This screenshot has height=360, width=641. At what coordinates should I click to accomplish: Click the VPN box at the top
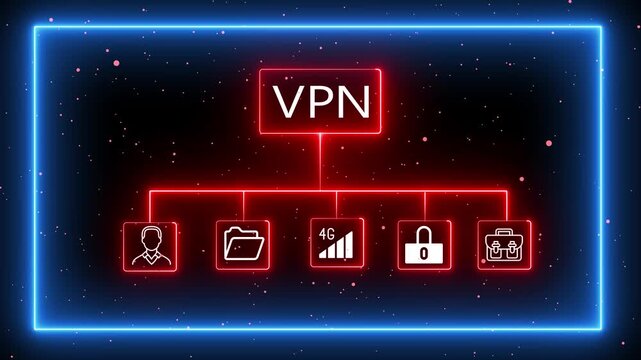coord(320,100)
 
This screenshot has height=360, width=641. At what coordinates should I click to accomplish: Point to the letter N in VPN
coord(352,101)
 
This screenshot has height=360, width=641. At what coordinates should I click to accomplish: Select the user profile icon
coord(150,245)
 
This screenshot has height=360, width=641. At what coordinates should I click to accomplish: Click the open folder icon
coord(243,245)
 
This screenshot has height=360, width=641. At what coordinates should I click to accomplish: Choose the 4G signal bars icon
coord(336,245)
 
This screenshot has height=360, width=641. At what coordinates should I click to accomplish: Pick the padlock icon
coord(424,245)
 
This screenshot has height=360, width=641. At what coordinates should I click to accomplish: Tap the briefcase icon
coord(505,245)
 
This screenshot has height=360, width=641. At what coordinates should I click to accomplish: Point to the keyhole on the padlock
coord(424,254)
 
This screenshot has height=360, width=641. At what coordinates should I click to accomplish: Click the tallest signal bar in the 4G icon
coord(353,244)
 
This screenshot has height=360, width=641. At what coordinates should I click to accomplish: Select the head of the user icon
coord(150,239)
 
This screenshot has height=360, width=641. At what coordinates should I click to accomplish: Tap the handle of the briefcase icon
coord(505,234)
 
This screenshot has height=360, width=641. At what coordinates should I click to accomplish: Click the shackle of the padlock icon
coord(424,236)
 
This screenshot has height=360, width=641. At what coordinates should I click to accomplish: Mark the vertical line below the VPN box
coord(320,160)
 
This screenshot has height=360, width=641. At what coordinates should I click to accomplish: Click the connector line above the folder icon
coord(243,205)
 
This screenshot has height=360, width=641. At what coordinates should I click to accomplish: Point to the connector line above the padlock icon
coord(424,205)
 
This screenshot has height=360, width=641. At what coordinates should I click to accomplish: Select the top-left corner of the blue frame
coord(35,27)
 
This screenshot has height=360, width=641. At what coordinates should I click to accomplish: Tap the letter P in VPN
coord(319,101)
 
